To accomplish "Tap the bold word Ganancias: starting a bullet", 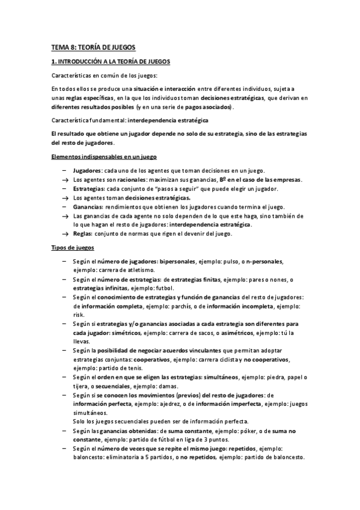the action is [x=88, y=206].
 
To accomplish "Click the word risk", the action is [x=79, y=315].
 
